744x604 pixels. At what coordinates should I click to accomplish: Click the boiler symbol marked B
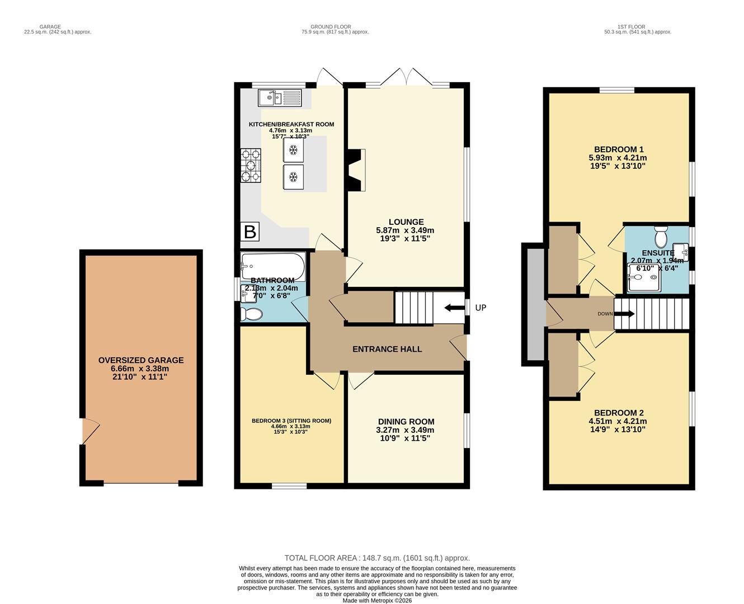click(x=249, y=232)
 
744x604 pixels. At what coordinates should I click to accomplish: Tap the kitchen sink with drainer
click(x=280, y=98)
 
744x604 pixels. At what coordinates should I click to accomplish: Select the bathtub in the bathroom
click(x=273, y=266)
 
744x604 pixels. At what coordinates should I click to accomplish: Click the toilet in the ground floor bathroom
click(x=251, y=314)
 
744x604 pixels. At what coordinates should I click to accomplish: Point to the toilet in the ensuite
click(x=661, y=237)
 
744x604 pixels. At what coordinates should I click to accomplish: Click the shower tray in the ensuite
click(x=643, y=278)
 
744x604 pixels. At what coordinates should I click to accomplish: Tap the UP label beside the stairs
click(x=481, y=308)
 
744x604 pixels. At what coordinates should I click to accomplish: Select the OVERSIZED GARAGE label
click(x=141, y=360)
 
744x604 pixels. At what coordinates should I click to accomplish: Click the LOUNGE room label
click(x=406, y=222)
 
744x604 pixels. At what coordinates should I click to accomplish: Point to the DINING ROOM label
click(x=406, y=422)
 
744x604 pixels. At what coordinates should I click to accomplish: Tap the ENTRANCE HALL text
click(x=387, y=349)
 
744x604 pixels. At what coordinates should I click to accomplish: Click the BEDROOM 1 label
click(x=619, y=149)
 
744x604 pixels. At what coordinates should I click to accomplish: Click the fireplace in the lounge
click(x=356, y=170)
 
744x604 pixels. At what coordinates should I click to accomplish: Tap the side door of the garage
click(x=90, y=431)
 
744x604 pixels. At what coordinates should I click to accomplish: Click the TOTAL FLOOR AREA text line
click(x=377, y=558)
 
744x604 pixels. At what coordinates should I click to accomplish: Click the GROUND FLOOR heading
click(x=331, y=26)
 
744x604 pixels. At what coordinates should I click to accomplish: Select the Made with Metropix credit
click(x=377, y=600)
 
